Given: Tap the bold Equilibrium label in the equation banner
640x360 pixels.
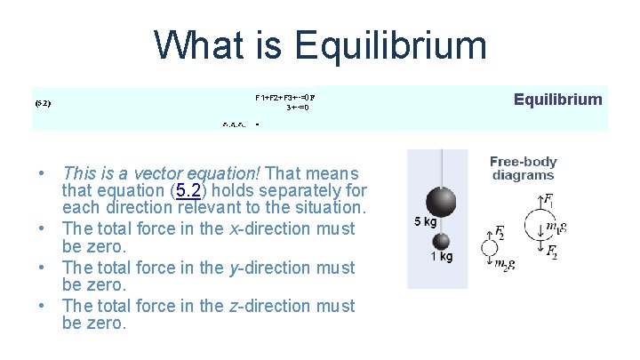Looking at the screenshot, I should pyautogui.click(x=557, y=100).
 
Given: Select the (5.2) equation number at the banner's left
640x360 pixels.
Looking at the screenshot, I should pyautogui.click(x=43, y=104).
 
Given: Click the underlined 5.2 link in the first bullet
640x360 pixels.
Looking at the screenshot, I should pyautogui.click(x=188, y=190).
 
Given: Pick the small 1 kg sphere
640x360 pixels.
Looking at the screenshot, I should pyautogui.click(x=442, y=242).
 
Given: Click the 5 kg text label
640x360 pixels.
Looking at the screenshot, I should pyautogui.click(x=424, y=222).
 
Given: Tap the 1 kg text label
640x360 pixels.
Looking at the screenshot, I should pyautogui.click(x=441, y=257).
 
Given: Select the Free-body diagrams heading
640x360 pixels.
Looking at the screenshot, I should pyautogui.click(x=523, y=168).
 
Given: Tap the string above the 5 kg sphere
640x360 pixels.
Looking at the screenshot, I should pyautogui.click(x=442, y=168).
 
